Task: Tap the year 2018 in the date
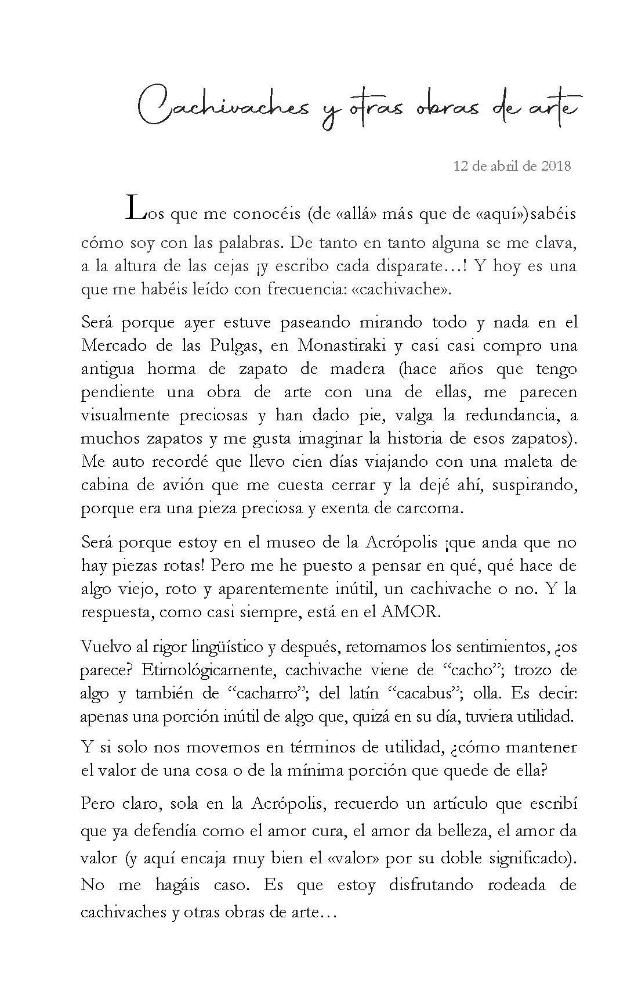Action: point(556,166)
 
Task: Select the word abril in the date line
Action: point(503,166)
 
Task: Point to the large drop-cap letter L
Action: point(133,208)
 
